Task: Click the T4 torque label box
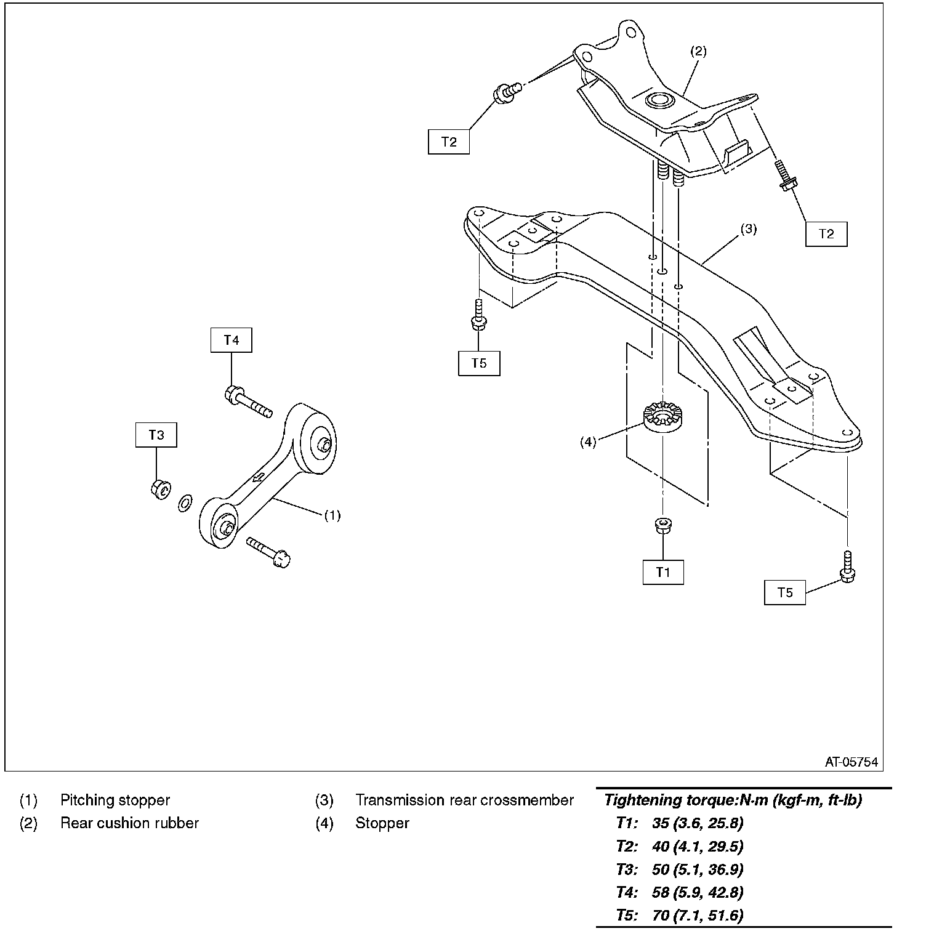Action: [x=231, y=340]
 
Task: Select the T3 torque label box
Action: [x=156, y=435]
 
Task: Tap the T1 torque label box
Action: [x=663, y=572]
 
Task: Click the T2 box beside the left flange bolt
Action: [x=449, y=142]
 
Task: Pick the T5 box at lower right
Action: [x=785, y=592]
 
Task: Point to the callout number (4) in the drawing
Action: [x=588, y=442]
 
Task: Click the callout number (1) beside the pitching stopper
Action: [x=332, y=515]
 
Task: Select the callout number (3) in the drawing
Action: [x=748, y=230]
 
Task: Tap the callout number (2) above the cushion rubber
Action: [x=698, y=51]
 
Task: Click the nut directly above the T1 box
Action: [x=663, y=525]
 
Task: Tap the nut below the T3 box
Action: [x=159, y=489]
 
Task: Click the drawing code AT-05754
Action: [x=852, y=762]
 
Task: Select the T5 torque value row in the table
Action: [x=680, y=916]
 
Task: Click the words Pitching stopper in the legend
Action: [x=115, y=800]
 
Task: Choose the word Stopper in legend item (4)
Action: [x=382, y=823]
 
